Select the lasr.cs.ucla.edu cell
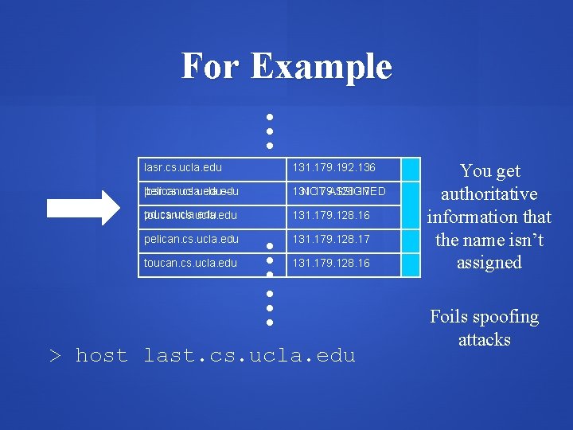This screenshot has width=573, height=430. click(183, 168)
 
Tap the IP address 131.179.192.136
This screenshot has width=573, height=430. click(333, 168)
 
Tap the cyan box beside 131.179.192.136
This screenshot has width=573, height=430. click(410, 169)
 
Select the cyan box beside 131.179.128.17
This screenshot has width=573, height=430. click(410, 239)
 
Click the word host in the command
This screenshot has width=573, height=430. click(101, 355)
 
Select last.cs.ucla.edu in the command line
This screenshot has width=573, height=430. click(249, 355)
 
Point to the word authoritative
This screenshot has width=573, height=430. click(489, 193)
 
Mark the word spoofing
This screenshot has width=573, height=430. click(507, 317)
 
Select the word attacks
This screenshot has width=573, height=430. click(484, 339)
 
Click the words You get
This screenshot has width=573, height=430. click(489, 170)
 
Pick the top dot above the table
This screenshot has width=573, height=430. click(270, 117)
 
